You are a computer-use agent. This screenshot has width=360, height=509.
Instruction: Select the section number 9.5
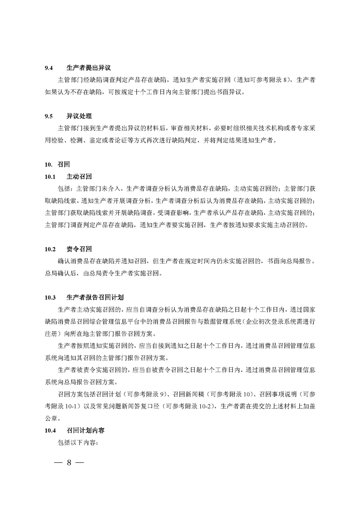coord(49,117)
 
